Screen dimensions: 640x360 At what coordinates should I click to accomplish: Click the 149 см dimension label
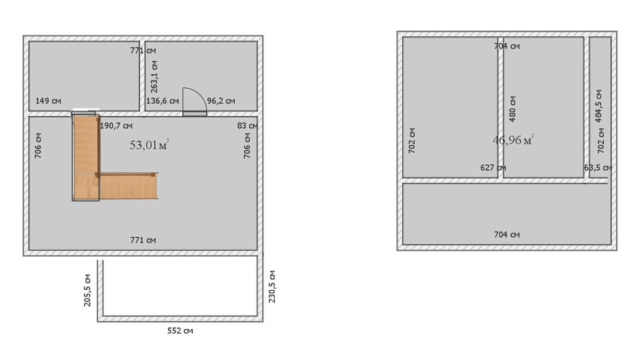click(48, 101)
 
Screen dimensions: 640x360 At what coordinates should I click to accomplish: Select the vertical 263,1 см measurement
click(154, 76)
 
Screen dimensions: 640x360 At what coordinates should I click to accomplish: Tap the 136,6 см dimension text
click(163, 101)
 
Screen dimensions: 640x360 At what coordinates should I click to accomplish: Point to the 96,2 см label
click(221, 101)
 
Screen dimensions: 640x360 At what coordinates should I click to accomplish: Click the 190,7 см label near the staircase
click(116, 126)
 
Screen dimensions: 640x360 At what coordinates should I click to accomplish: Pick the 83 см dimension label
click(247, 126)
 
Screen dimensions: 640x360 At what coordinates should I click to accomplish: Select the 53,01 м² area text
click(149, 145)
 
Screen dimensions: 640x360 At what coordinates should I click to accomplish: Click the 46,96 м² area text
click(513, 140)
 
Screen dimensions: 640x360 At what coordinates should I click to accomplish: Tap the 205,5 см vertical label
click(87, 290)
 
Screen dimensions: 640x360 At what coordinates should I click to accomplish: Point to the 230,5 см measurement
click(273, 286)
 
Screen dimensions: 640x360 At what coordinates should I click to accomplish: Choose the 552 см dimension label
click(180, 331)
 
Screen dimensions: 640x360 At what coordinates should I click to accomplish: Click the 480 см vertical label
click(513, 109)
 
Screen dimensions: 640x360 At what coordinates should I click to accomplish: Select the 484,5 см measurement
click(599, 106)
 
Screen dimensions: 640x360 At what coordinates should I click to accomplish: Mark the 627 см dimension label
click(493, 168)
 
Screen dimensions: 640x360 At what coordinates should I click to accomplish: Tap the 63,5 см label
click(598, 168)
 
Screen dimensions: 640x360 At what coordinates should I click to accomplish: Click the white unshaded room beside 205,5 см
click(180, 287)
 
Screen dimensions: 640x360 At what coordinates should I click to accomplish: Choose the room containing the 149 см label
click(84, 75)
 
